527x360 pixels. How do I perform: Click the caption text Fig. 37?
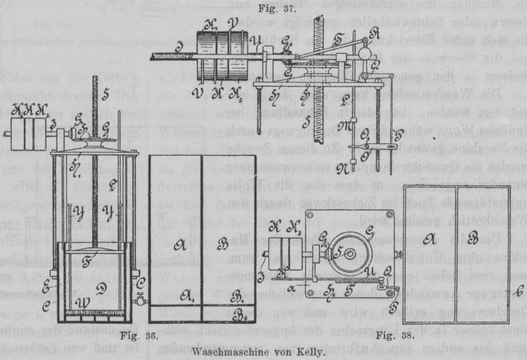point(263,8)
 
